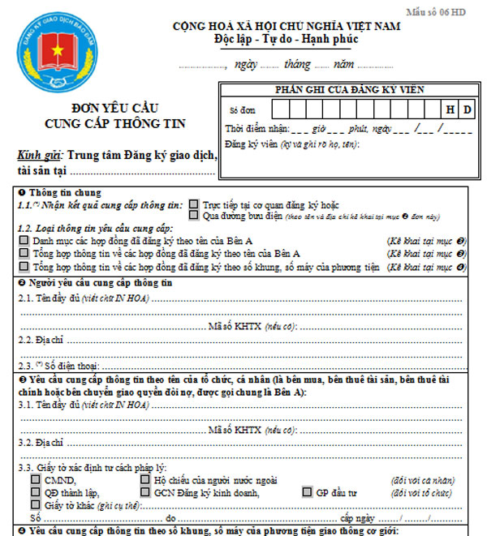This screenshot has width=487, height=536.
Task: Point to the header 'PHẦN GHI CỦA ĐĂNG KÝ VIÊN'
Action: (x=348, y=89)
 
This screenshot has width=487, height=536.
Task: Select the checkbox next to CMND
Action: (x=36, y=479)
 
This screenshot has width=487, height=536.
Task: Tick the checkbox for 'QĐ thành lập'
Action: (x=36, y=491)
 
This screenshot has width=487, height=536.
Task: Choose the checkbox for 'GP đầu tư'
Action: (x=307, y=491)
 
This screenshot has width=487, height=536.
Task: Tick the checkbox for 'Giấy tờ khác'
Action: (x=36, y=504)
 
